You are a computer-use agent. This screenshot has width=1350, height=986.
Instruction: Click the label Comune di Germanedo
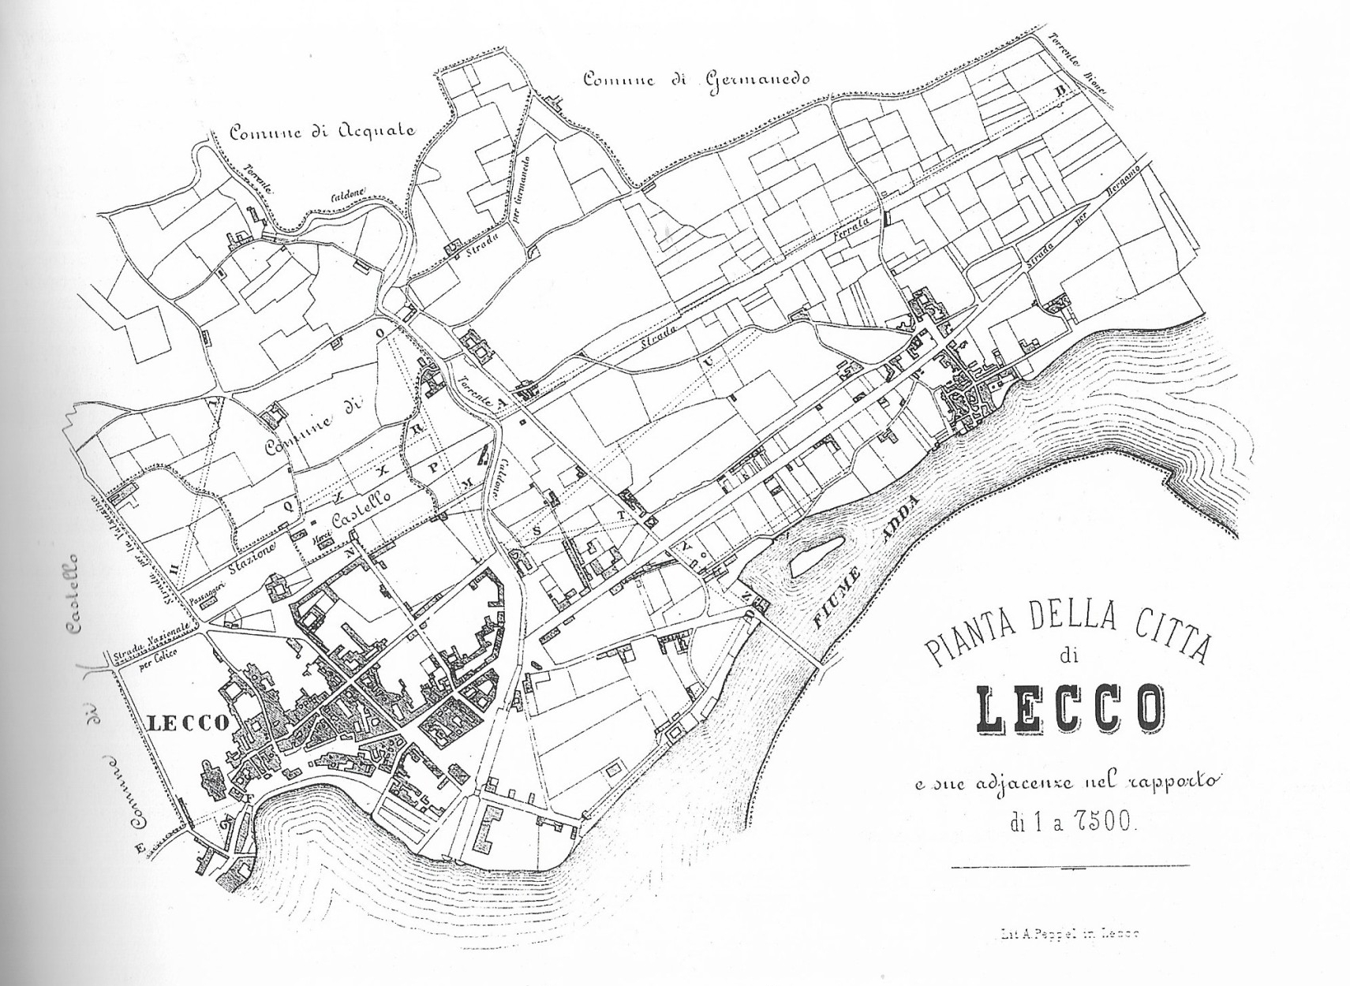pyautogui.click(x=696, y=80)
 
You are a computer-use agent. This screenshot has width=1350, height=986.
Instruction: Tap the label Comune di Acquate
pyautogui.click(x=321, y=132)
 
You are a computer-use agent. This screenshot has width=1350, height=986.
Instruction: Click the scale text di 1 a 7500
pyautogui.click(x=1071, y=824)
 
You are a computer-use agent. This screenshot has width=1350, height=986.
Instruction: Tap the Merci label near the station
pyautogui.click(x=322, y=537)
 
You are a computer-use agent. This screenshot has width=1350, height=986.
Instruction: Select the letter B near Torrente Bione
pyautogui.click(x=1061, y=92)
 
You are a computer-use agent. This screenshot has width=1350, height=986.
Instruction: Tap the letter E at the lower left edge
pyautogui.click(x=140, y=850)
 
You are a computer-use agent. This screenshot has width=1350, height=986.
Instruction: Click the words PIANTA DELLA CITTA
pyautogui.click(x=1067, y=629)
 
